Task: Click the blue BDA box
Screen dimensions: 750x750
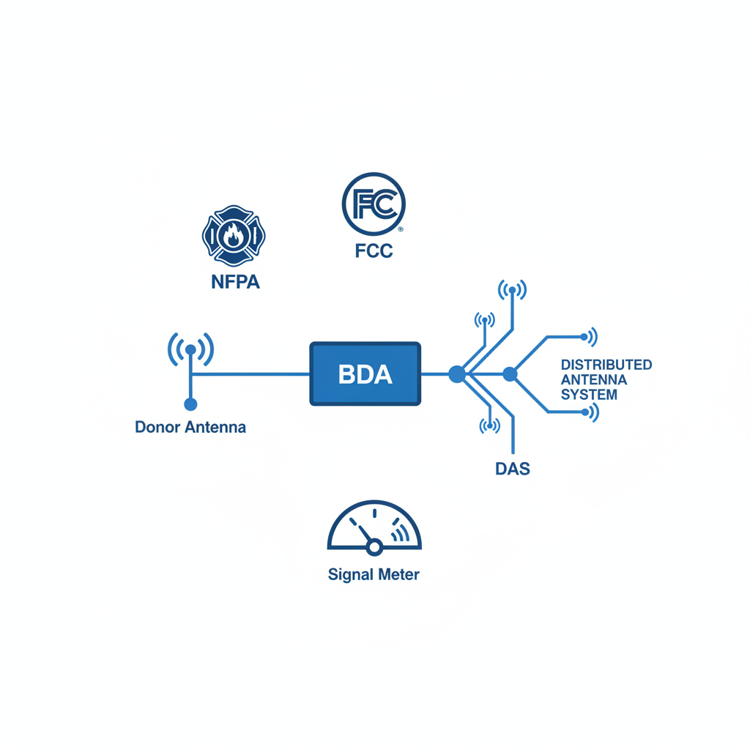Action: [365, 374]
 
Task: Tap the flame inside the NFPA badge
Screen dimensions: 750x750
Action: [234, 235]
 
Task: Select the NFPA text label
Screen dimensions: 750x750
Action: [234, 282]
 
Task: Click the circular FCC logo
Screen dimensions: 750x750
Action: [374, 204]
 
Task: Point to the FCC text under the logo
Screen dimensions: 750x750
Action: [374, 251]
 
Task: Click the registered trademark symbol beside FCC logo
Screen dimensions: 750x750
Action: [400, 229]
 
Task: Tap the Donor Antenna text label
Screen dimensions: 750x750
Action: [190, 427]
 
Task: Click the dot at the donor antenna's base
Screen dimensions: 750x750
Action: [190, 404]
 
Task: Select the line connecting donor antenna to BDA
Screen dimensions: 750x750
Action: [249, 374]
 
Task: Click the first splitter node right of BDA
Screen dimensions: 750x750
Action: [456, 374]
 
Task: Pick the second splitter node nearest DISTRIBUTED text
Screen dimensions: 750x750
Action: [510, 374]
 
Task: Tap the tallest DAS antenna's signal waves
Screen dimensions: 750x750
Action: [512, 290]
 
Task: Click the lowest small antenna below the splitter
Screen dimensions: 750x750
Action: [489, 426]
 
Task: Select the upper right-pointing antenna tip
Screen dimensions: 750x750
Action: [585, 337]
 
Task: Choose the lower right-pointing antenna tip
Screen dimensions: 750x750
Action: [585, 412]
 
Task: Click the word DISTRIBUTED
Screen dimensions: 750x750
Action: [606, 365]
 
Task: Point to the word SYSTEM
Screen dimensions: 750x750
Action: [589, 395]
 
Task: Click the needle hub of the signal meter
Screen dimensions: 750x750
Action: [374, 546]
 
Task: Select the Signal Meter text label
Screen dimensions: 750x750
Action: [374, 575]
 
